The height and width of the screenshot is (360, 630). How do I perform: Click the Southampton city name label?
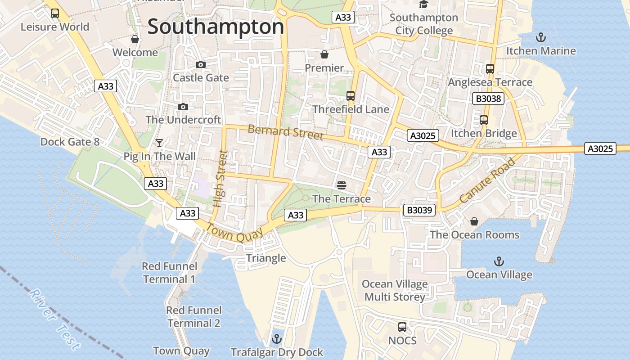point(216,27)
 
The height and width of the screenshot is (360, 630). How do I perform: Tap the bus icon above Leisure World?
point(55,13)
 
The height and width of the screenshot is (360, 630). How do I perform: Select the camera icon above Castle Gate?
point(201,65)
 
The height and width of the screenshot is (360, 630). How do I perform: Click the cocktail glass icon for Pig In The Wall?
point(159,143)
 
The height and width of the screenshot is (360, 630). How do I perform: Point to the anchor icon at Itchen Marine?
point(541,37)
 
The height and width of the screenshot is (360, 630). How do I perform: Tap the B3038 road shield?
point(488,99)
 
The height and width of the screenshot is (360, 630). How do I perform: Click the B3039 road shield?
point(418,210)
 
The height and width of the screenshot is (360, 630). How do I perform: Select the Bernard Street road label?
point(285,132)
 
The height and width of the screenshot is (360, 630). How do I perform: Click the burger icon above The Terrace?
point(341,185)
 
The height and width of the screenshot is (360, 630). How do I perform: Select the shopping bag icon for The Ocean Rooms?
point(474,221)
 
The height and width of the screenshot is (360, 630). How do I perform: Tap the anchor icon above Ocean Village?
point(499,261)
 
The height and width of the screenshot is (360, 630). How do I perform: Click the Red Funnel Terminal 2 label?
point(194,316)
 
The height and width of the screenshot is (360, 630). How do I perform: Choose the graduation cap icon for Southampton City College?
point(423,4)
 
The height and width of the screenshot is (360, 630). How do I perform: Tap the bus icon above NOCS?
point(402,327)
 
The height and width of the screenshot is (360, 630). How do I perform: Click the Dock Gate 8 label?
point(70,142)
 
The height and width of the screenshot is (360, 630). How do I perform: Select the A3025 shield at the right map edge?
point(600,148)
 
